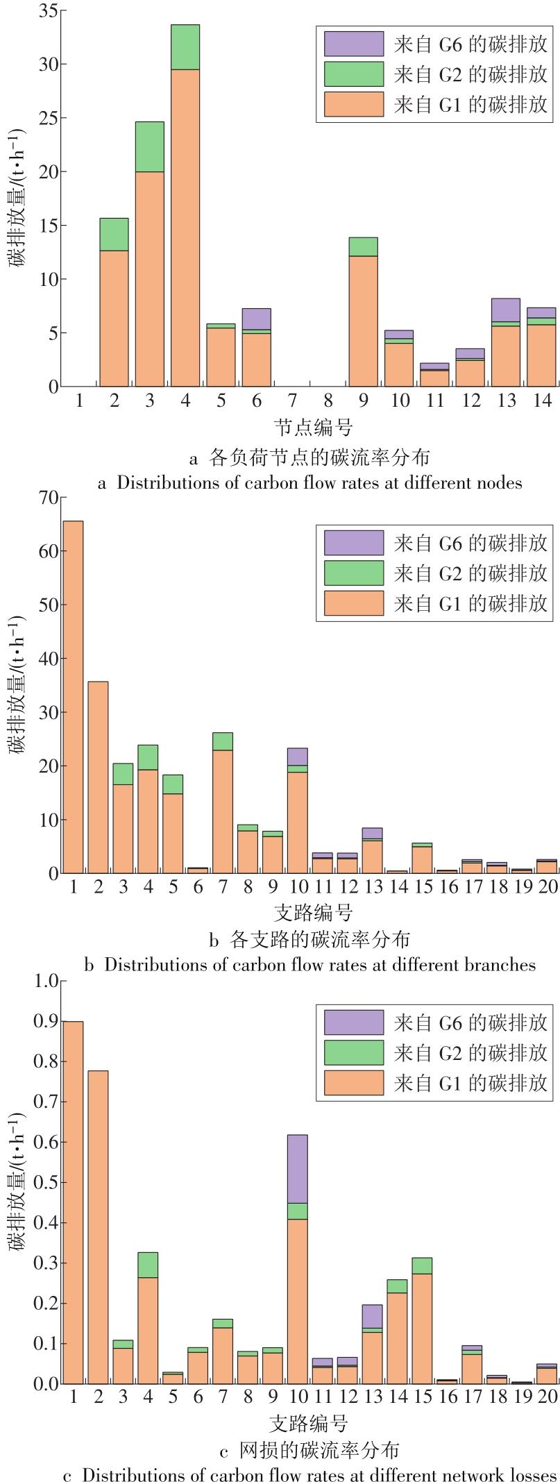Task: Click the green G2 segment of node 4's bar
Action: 185,47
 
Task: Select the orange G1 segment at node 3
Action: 150,278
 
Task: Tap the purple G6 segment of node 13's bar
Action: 505,310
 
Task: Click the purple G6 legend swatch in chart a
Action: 353,44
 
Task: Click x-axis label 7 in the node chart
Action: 292,401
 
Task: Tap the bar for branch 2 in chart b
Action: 98,777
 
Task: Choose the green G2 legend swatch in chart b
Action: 353,573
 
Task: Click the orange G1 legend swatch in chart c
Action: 353,1082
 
